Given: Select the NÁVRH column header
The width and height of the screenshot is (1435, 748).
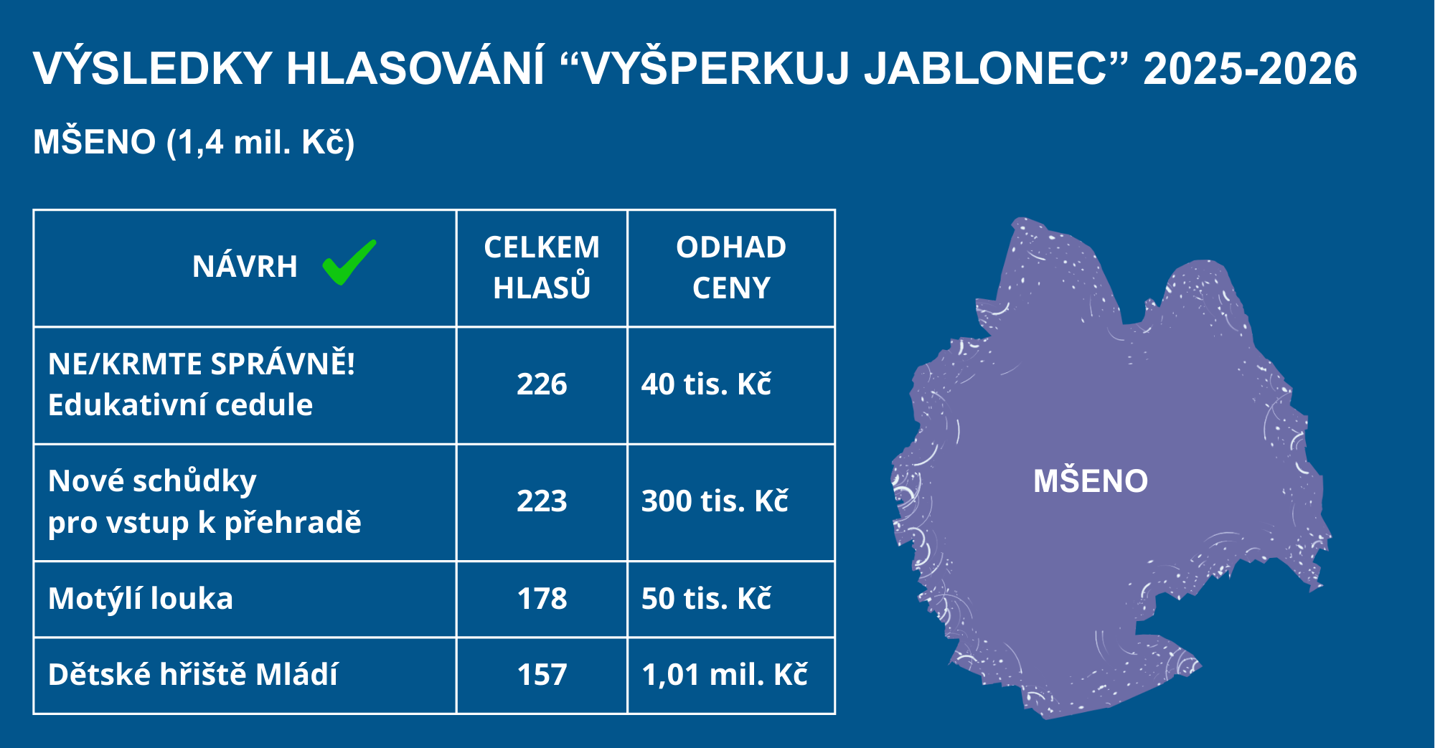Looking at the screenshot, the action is coord(245,266).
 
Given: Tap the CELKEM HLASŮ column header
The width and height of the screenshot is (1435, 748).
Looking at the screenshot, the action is coord(542,268).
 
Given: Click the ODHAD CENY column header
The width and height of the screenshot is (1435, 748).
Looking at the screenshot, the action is coord(731,268).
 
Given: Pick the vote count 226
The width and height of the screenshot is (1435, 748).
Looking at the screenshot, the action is coord(542,384).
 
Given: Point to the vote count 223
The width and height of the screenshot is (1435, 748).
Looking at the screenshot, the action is coord(542,501).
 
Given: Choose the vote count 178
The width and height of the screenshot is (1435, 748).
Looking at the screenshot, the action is coord(542,599).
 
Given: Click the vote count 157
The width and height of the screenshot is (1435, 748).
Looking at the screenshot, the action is coord(542,675).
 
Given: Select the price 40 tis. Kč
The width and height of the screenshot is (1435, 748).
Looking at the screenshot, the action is coord(706,384).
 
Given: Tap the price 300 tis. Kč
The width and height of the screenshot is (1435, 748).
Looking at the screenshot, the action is coord(715,501).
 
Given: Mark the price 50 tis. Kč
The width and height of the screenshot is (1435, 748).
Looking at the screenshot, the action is coord(706,599).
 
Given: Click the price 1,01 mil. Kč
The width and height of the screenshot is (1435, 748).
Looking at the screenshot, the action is coord(725,675).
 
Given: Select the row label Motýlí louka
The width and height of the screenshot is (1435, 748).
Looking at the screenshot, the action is coord(141,599).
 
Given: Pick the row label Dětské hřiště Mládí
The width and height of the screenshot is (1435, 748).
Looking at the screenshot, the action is coord(192,675).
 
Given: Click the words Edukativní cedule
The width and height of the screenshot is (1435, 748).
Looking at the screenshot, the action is coord(180,405).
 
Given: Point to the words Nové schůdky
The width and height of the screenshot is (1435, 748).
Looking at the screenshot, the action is coord(152,481).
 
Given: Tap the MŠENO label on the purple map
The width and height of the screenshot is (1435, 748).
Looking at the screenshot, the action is coord(1091,480).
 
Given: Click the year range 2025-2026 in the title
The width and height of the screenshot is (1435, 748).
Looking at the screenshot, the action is coord(1250,69).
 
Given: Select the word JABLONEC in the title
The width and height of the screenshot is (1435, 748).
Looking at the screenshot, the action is coord(987,69).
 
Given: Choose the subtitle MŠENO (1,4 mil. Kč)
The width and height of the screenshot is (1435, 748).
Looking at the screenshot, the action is coord(194,142).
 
